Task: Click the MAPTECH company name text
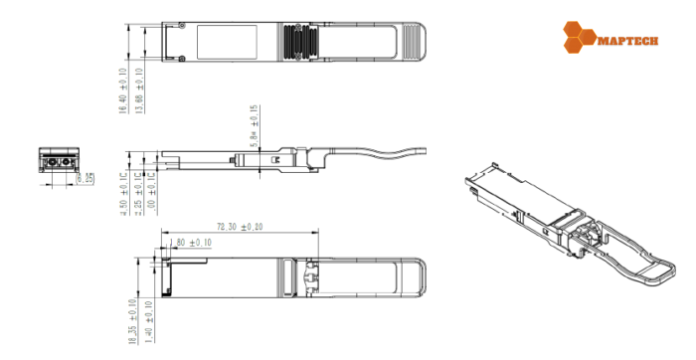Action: [625, 40]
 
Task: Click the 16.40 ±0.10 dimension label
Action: [123, 90]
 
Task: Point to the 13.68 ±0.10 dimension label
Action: [139, 90]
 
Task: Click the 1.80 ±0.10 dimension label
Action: [191, 242]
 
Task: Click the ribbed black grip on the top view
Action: [298, 42]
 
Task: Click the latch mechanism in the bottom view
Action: [310, 277]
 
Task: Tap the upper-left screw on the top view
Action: [184, 25]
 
